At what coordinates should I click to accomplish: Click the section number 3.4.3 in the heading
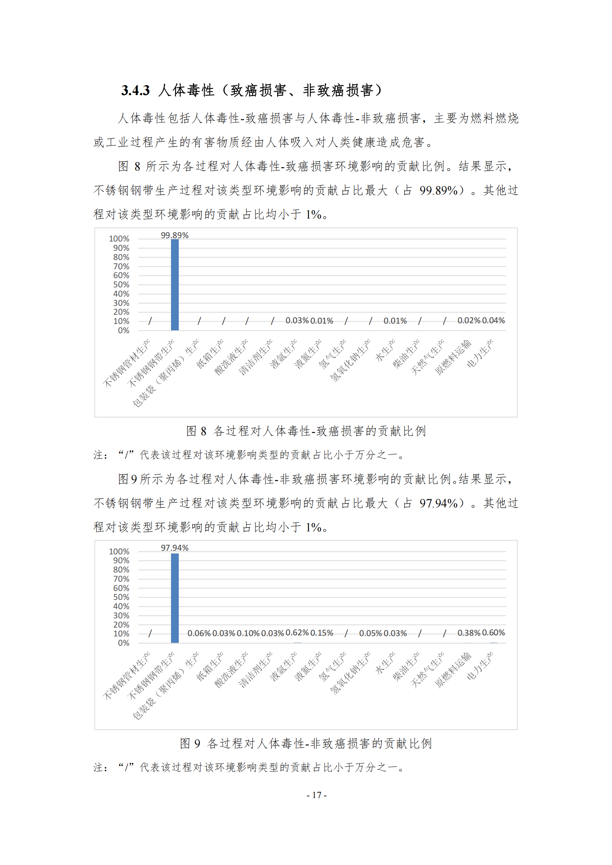[x=135, y=90]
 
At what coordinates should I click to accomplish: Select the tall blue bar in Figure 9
[x=175, y=598]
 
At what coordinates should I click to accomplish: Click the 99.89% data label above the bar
[x=175, y=235]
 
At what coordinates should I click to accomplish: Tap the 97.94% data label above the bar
[x=175, y=547]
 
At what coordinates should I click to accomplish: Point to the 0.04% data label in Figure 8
[x=493, y=320]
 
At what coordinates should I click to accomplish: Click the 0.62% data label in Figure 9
[x=297, y=632]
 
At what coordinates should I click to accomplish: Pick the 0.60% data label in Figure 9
[x=493, y=632]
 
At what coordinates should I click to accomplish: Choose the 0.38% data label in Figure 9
[x=469, y=633]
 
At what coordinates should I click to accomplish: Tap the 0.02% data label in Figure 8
[x=469, y=320]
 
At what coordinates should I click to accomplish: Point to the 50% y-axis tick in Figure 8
[x=121, y=284]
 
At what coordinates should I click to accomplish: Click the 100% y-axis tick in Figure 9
[x=119, y=551]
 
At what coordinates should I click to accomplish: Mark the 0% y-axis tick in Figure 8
[x=123, y=330]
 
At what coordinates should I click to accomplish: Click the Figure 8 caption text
[x=306, y=431]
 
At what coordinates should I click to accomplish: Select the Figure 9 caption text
[x=306, y=743]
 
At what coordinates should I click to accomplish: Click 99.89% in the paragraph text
[x=438, y=190]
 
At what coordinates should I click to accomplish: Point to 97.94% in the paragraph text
[x=438, y=503]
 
